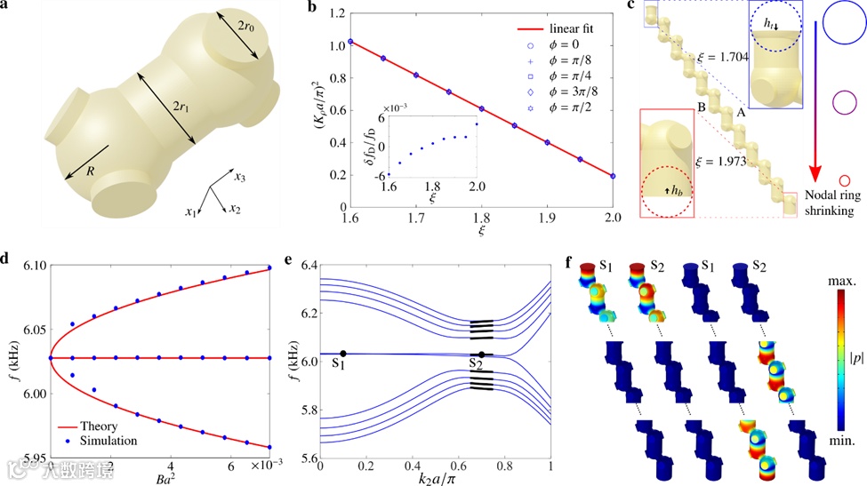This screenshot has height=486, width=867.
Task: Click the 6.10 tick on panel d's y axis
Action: click(x=24, y=267)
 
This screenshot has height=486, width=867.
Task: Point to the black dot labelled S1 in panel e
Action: click(x=343, y=354)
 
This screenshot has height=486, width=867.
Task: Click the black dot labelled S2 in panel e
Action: click(x=482, y=355)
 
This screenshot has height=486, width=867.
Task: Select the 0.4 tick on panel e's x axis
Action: click(x=413, y=466)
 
